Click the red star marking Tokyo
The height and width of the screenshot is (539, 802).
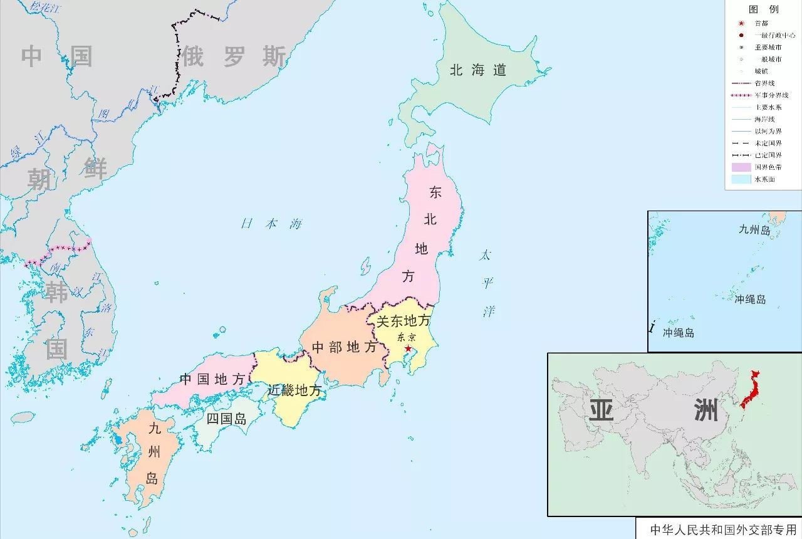408,348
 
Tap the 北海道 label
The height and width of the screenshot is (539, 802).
477,70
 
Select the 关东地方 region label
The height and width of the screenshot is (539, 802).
403,321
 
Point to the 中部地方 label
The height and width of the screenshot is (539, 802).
344,347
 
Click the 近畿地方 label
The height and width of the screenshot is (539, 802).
294,390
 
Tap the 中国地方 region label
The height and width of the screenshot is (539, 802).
212,379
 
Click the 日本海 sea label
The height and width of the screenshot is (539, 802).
272,224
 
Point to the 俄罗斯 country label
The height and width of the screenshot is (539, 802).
234,57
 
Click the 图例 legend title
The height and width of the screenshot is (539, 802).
763,9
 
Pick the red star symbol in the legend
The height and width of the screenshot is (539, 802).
741,23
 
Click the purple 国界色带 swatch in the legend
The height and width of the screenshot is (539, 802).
741,167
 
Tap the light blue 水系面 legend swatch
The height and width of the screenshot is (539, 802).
741,179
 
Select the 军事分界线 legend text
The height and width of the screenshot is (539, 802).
771,95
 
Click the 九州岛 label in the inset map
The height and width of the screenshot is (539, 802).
754,230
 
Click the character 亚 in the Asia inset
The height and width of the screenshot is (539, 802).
601,411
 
